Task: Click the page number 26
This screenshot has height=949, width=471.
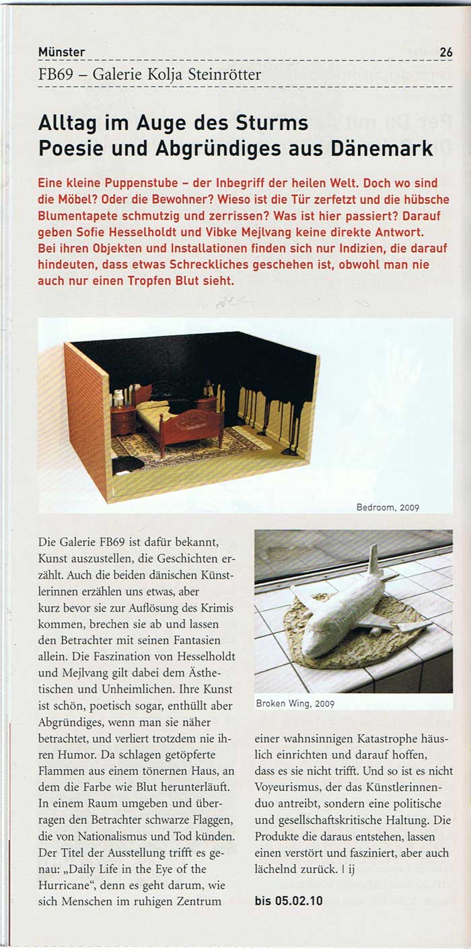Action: [x=446, y=52]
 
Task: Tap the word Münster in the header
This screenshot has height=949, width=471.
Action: [x=62, y=52]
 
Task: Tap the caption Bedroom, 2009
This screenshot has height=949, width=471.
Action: [x=388, y=507]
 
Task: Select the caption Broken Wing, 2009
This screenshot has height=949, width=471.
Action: [x=295, y=704]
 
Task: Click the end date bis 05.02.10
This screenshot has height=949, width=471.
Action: [x=289, y=900]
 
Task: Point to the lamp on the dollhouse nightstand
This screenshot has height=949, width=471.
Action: [x=118, y=398]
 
